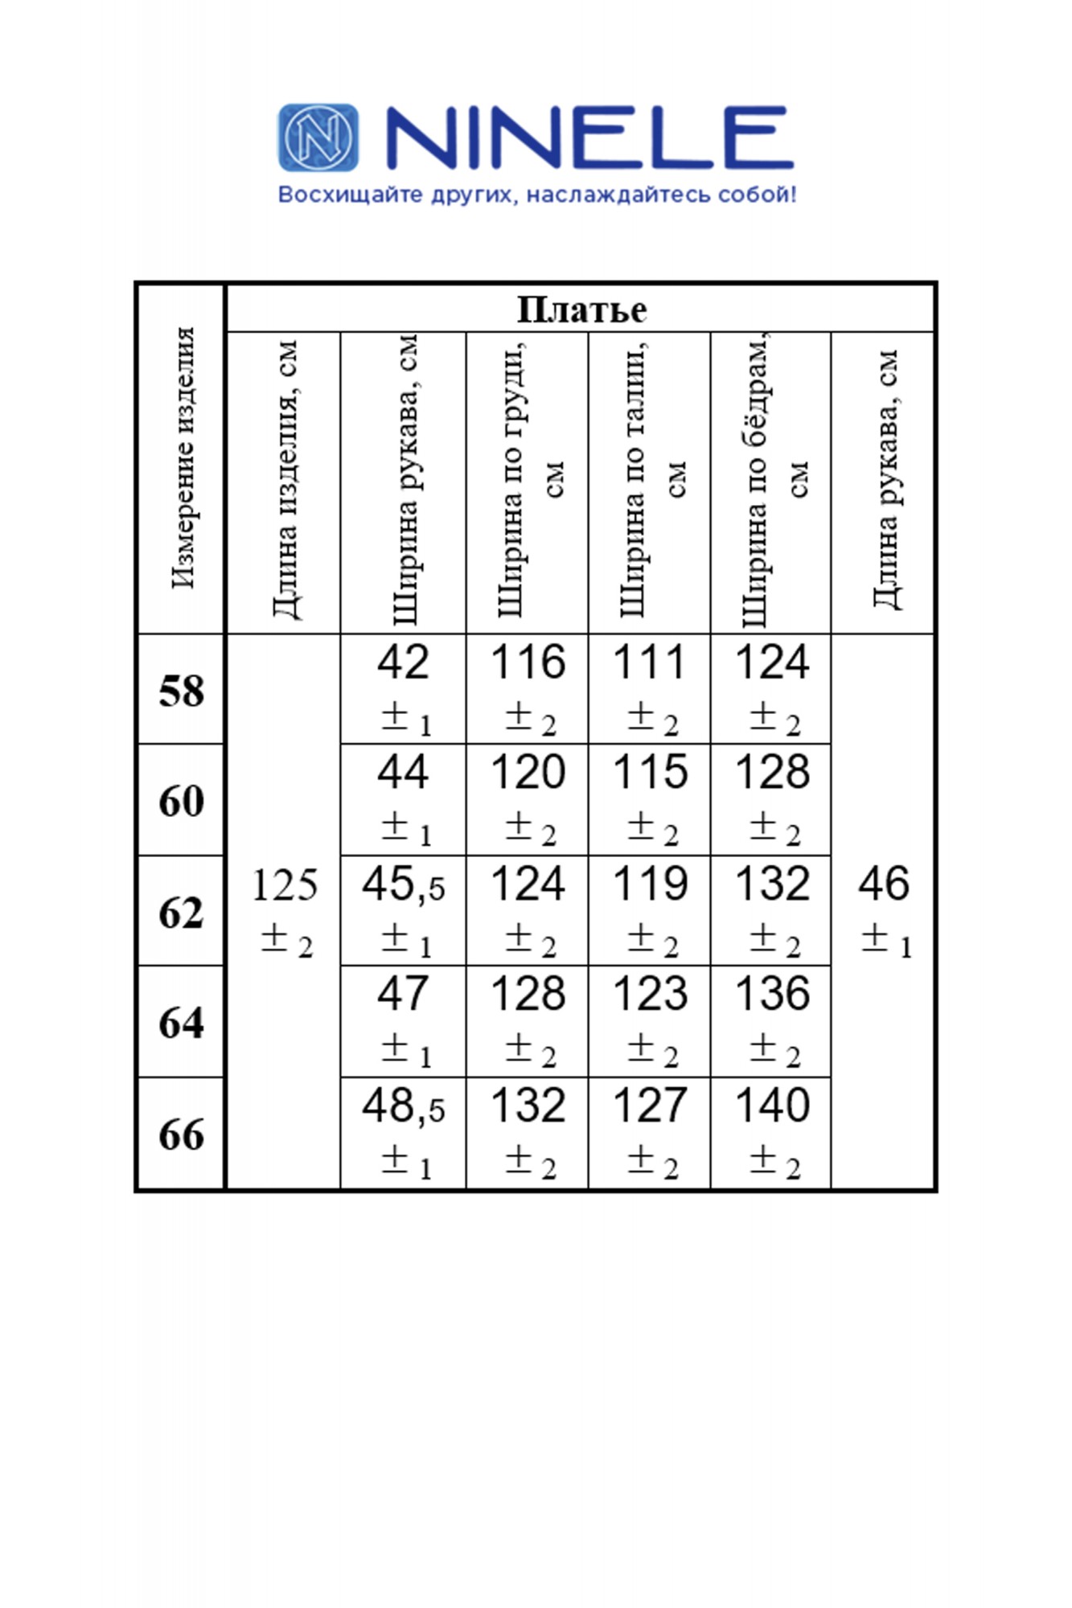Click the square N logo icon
[318, 137]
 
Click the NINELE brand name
[589, 138]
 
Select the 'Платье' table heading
[581, 310]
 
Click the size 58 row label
[181, 691]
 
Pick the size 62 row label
[181, 913]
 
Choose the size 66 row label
[181, 1134]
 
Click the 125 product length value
[285, 885]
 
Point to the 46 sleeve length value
[884, 884]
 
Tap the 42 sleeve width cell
[403, 662]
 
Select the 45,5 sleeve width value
[403, 885]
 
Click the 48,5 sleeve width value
[403, 1106]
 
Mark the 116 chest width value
[528, 662]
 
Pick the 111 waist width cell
[650, 662]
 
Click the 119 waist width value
[650, 884]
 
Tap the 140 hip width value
[772, 1106]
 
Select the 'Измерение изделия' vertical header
[183, 458]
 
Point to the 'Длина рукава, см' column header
[885, 479]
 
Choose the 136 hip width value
[772, 995]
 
